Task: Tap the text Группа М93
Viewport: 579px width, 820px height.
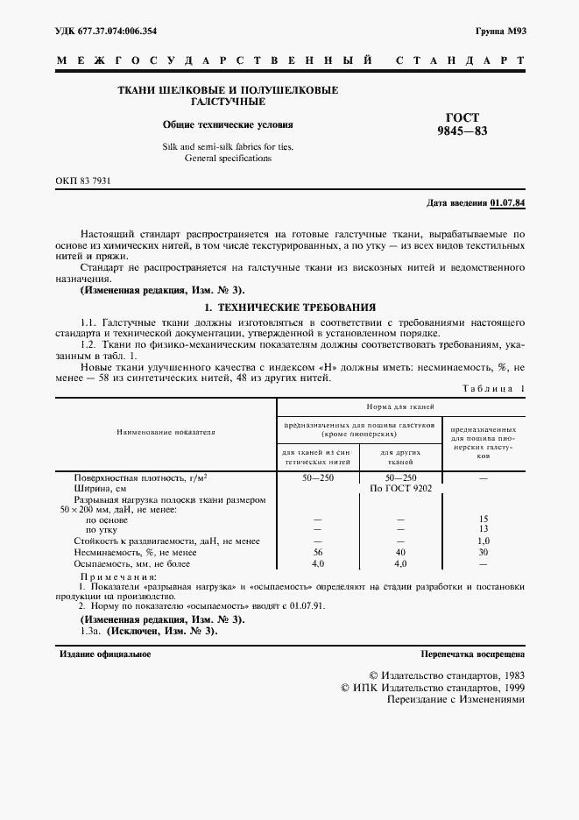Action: click(x=499, y=32)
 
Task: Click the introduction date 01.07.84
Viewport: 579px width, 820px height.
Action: click(x=507, y=202)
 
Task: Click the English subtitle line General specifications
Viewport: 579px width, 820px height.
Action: click(x=228, y=159)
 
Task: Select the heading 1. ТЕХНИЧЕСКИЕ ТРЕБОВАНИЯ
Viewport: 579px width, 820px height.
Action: click(x=289, y=308)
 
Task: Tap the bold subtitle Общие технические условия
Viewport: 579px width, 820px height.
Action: click(x=228, y=125)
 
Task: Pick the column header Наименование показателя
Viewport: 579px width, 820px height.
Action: click(x=166, y=431)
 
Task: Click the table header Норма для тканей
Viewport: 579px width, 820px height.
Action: click(x=401, y=406)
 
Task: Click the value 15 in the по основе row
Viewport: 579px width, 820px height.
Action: click(x=483, y=519)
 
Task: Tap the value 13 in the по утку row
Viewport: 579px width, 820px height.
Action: click(x=483, y=529)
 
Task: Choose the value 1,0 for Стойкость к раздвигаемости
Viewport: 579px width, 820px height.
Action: click(x=483, y=541)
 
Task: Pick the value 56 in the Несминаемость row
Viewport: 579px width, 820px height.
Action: click(x=317, y=553)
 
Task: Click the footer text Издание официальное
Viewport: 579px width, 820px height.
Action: click(x=105, y=654)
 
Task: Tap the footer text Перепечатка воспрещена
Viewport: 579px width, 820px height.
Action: click(x=472, y=654)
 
